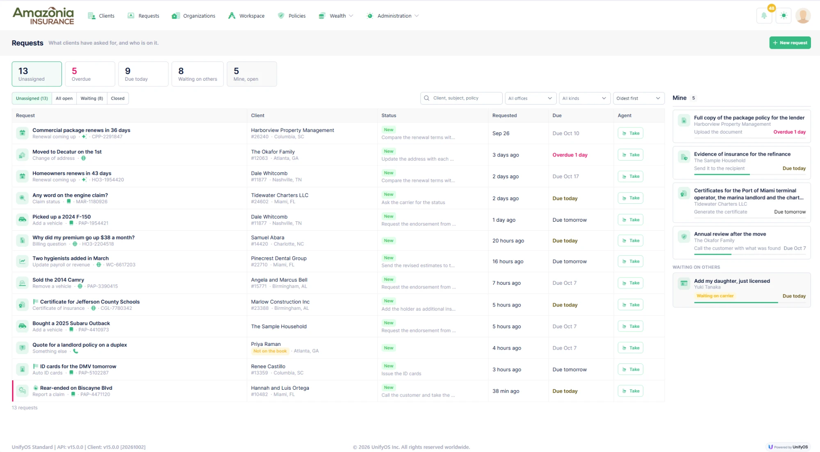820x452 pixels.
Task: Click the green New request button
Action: (790, 43)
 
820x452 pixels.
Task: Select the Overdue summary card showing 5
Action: (90, 74)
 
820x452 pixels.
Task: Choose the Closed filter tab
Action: (118, 98)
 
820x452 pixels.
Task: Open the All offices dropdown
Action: (530, 98)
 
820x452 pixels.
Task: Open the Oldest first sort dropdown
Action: (638, 98)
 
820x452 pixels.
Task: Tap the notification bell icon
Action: (764, 16)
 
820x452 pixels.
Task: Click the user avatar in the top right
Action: (803, 16)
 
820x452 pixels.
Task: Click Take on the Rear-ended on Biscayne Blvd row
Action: (630, 391)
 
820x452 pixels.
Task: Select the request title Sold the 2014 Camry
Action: (58, 280)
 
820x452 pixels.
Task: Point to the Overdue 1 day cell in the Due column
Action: (569, 155)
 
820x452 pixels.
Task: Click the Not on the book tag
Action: (270, 351)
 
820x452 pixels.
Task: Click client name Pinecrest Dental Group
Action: (279, 258)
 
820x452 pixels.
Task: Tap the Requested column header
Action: (504, 116)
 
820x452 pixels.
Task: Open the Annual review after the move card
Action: (741, 243)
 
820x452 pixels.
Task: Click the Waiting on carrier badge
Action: (715, 296)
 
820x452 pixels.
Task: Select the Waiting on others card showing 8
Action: (198, 74)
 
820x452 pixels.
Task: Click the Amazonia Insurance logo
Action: (43, 16)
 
